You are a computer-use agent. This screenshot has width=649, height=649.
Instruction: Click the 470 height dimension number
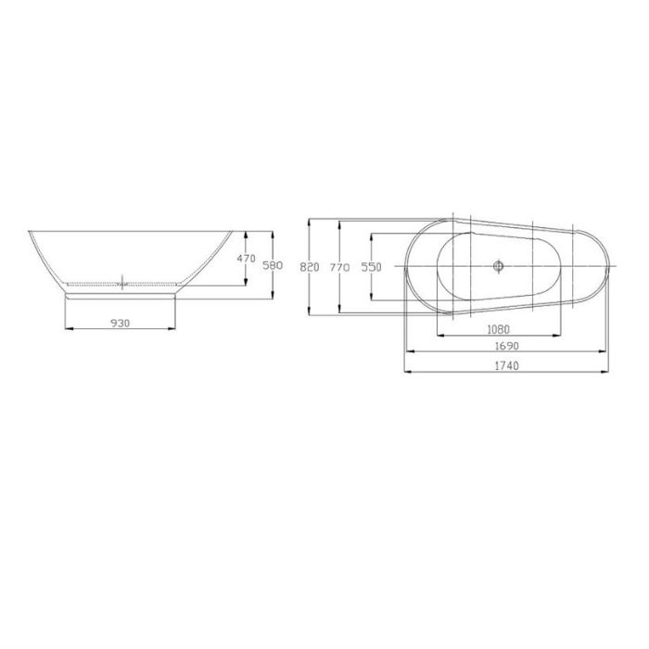tap(245, 259)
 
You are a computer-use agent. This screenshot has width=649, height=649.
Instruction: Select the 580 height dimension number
tap(272, 265)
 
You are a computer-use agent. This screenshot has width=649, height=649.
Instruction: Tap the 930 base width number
tap(119, 323)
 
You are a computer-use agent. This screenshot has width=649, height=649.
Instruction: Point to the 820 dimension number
tap(310, 266)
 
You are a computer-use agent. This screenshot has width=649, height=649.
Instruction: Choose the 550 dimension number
tap(371, 266)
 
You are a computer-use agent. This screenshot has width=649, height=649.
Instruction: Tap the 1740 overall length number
tap(505, 365)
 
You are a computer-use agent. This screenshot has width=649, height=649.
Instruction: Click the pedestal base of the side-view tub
tap(121, 293)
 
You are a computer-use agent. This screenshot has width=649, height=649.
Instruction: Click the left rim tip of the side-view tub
tap(30, 231)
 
